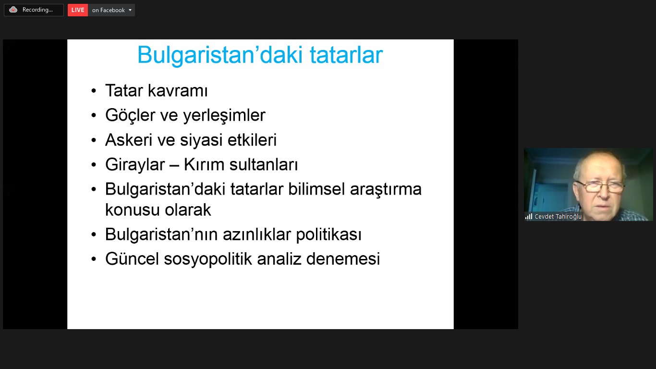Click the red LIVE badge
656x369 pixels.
(78, 10)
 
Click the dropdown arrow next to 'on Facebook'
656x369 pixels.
(130, 10)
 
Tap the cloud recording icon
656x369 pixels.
(13, 10)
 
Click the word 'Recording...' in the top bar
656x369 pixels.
(37, 10)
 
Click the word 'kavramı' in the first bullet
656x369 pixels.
(178, 90)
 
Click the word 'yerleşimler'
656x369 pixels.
(224, 115)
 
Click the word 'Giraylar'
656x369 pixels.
(135, 164)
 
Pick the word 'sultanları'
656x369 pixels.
(264, 164)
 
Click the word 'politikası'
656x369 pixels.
(329, 235)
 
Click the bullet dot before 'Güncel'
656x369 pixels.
(94, 259)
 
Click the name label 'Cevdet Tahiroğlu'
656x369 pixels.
(558, 217)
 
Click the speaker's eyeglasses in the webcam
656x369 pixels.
(600, 187)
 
